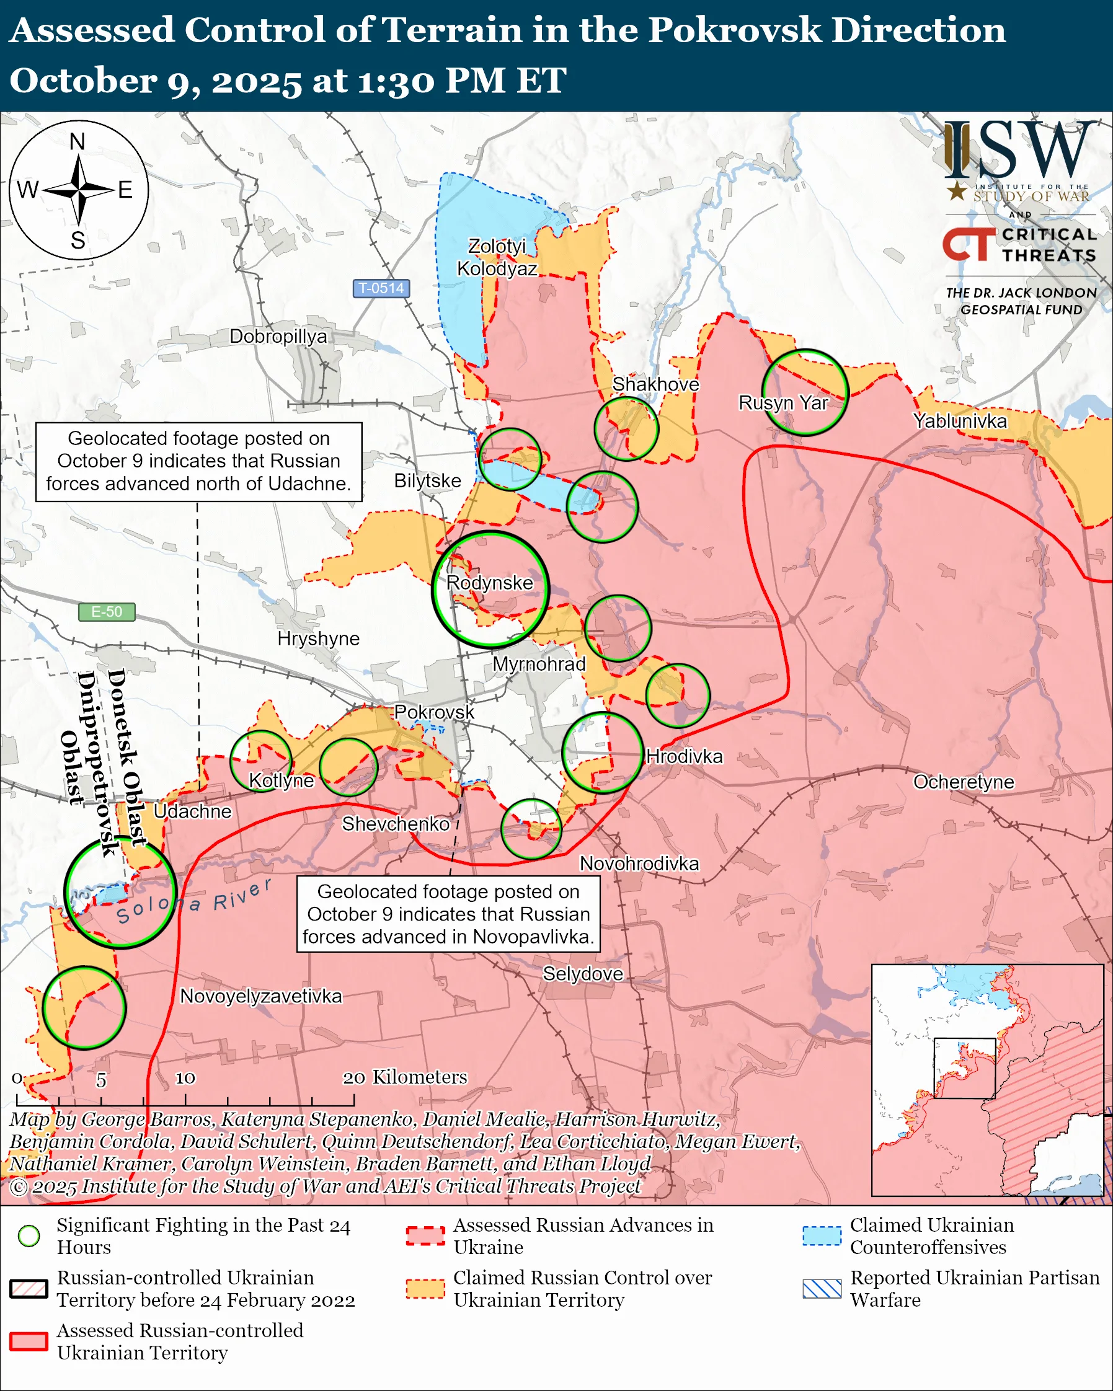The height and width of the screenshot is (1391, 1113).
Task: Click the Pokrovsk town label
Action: click(433, 712)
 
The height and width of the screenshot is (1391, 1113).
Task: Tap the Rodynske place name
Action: click(490, 583)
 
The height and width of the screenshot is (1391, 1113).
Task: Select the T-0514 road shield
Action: click(381, 288)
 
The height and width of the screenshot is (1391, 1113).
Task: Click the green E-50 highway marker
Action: click(107, 611)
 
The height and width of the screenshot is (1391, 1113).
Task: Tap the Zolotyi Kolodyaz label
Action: click(497, 257)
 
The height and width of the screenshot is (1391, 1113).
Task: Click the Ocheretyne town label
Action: click(964, 781)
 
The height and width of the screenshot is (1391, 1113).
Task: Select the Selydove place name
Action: click(583, 973)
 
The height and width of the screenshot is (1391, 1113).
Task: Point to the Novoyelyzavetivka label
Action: click(260, 996)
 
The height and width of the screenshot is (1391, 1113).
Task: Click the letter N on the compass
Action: click(78, 141)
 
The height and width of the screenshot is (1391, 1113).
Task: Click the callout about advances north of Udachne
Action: click(198, 461)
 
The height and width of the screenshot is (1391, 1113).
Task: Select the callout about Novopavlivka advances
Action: click(448, 914)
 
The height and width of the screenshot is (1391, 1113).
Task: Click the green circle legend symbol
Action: click(29, 1235)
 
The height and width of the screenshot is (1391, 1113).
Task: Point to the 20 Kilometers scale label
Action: click(404, 1077)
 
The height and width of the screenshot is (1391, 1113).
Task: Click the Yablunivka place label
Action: click(959, 421)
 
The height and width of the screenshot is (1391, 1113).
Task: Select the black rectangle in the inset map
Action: click(965, 1068)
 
